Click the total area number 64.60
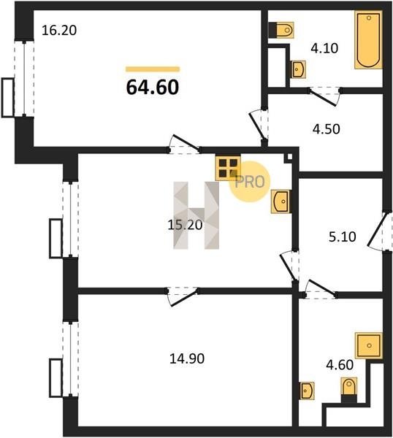[153, 87]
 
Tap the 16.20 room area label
[59, 30]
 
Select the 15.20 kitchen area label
[185, 225]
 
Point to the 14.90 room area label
[187, 358]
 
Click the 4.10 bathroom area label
[324, 48]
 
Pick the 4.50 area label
[327, 129]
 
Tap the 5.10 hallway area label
[342, 237]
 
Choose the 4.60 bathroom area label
[340, 365]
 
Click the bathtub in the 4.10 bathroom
[369, 39]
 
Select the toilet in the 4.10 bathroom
[281, 30]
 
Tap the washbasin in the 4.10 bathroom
[298, 69]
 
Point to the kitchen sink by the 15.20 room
[281, 201]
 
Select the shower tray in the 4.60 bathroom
[369, 345]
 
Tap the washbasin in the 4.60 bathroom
[307, 391]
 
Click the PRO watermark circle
[250, 182]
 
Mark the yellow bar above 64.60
[153, 69]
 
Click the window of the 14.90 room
[70, 358]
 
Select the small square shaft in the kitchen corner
[288, 158]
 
